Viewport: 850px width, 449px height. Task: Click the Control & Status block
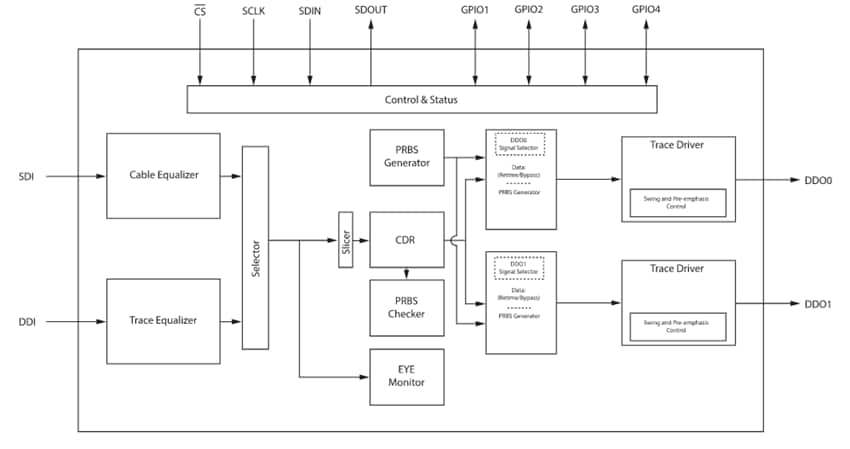[421, 100]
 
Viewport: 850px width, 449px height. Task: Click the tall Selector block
[255, 247]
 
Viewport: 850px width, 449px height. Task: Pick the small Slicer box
[346, 240]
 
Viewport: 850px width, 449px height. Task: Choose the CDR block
[406, 240]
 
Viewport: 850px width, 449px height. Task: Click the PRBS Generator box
[406, 157]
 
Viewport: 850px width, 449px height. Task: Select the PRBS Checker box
[406, 307]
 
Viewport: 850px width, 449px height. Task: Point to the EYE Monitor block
[406, 377]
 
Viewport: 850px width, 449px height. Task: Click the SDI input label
[27, 176]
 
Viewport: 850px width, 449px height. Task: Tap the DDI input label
[27, 322]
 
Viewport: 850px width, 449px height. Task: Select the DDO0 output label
[817, 180]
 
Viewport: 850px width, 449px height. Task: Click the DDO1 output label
[817, 304]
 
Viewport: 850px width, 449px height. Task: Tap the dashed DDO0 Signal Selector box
[520, 144]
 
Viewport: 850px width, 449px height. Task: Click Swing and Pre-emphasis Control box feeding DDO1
[677, 326]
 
